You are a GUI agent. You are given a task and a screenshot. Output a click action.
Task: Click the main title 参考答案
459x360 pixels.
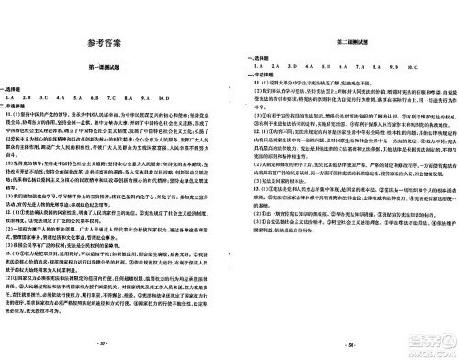pos(111,43)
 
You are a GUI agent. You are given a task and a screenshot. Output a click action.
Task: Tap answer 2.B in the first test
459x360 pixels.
pos(28,96)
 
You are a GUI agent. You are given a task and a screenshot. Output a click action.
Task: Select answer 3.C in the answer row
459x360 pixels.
pos(50,96)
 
